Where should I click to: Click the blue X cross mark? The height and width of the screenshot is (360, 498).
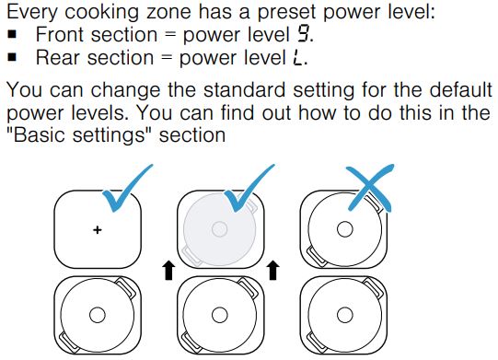[369, 187]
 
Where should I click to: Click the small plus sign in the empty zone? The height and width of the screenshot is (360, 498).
[98, 229]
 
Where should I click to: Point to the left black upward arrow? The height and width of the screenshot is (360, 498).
[168, 271]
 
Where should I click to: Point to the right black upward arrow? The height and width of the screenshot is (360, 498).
[272, 271]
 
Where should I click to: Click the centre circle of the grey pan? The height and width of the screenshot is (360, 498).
[219, 229]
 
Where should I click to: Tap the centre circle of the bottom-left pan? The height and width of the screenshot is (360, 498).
[98, 315]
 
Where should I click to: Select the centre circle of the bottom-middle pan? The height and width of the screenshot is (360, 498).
[219, 315]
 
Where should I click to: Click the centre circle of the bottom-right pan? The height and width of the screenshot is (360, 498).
[344, 315]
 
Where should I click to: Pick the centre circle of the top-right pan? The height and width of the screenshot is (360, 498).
[344, 229]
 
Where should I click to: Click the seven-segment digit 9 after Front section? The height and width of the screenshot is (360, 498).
[303, 34]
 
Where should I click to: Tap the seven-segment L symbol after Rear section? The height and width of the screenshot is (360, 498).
[298, 57]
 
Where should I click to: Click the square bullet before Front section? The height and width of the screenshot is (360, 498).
[12, 34]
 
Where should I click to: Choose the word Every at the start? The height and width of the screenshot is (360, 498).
[32, 12]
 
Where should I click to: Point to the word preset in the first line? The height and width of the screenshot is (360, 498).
[287, 12]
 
